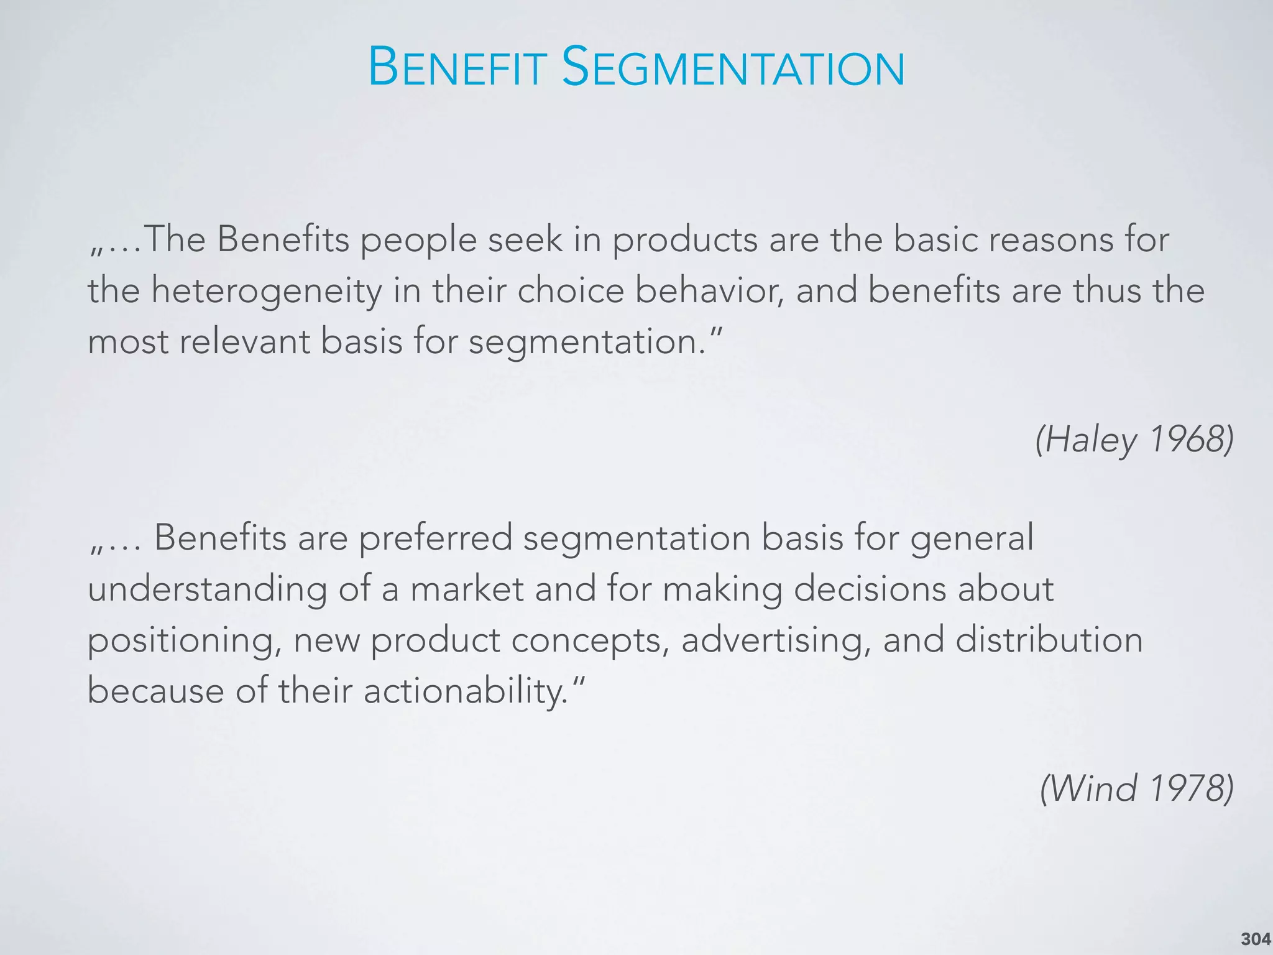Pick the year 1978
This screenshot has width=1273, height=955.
pyautogui.click(x=1190, y=788)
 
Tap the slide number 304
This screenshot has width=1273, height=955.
pyautogui.click(x=1256, y=939)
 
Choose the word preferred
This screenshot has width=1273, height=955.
pyautogui.click(x=435, y=538)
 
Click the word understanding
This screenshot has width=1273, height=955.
pyautogui.click(x=207, y=589)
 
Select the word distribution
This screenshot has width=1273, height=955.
pyautogui.click(x=1049, y=640)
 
